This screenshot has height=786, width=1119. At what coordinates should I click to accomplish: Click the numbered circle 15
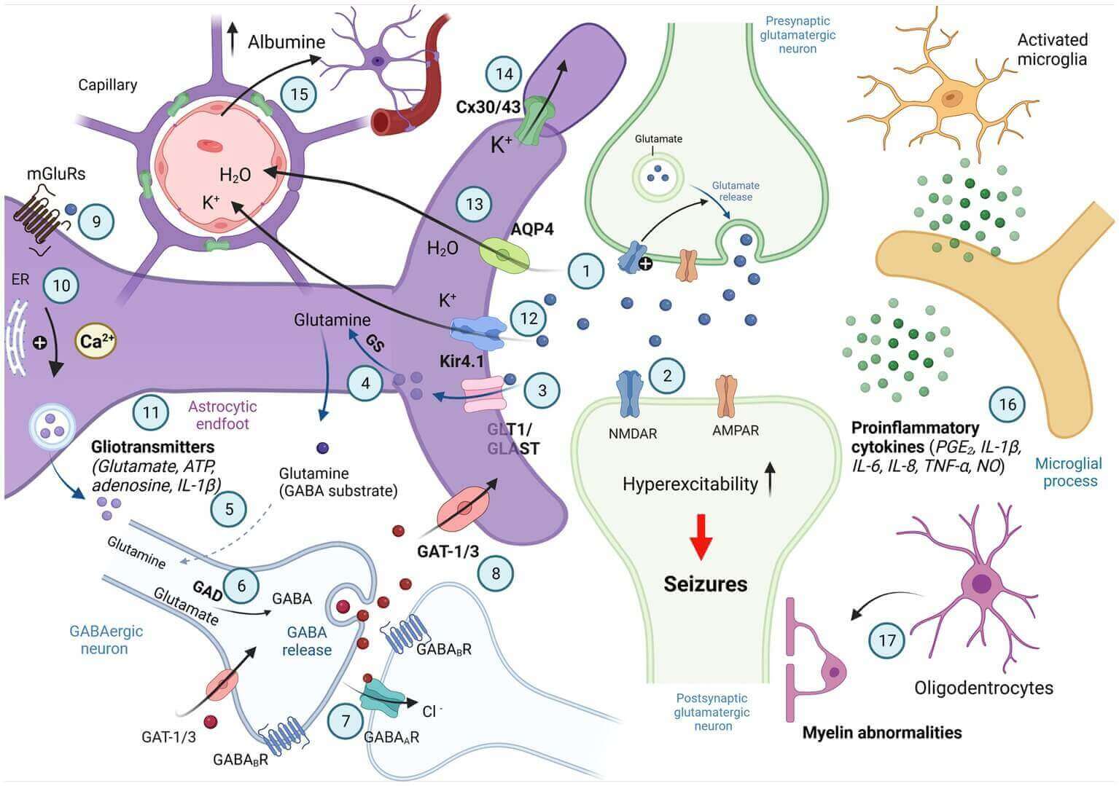[x=299, y=94]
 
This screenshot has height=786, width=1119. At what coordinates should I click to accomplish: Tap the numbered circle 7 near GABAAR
[x=346, y=721]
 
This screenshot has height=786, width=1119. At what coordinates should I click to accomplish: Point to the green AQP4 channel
[x=504, y=255]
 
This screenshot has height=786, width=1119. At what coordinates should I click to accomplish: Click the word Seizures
[x=705, y=583]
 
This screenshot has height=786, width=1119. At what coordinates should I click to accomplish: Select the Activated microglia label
[x=1052, y=49]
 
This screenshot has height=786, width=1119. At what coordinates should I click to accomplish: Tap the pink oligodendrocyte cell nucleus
[x=981, y=583]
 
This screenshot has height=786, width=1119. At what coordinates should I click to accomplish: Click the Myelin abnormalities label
[x=881, y=732]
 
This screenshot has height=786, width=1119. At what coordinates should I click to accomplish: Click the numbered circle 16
[x=1007, y=404]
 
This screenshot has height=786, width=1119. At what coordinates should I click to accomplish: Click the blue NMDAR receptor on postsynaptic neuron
[x=628, y=394]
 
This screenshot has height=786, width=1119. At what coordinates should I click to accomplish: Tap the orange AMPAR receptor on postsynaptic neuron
[x=726, y=396]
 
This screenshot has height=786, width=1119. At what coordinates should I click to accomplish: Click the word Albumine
[x=286, y=42]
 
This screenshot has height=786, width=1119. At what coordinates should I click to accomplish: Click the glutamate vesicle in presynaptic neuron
[x=658, y=173]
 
